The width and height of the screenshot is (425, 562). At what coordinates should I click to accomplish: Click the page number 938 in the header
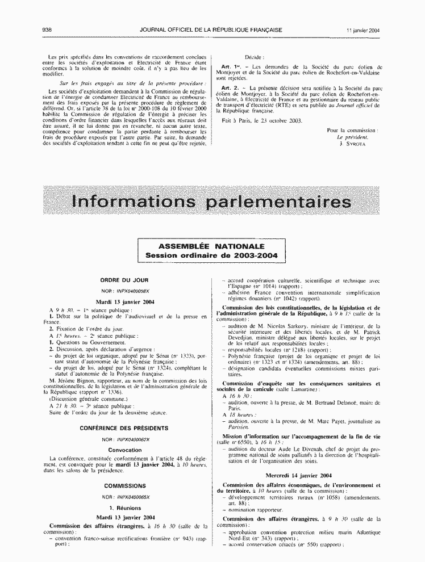tap(47, 30)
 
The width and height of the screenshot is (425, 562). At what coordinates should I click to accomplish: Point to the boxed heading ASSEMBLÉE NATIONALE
tap(211, 246)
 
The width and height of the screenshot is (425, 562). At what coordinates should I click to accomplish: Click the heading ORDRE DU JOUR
tap(124, 280)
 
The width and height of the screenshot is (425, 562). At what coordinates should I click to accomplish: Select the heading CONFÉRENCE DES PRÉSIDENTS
tap(124, 427)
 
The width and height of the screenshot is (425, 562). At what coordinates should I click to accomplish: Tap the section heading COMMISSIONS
tap(124, 486)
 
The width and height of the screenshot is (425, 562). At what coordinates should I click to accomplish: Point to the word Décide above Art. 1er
tap(254, 57)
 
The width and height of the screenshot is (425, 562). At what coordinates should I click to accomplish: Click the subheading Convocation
tap(125, 450)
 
